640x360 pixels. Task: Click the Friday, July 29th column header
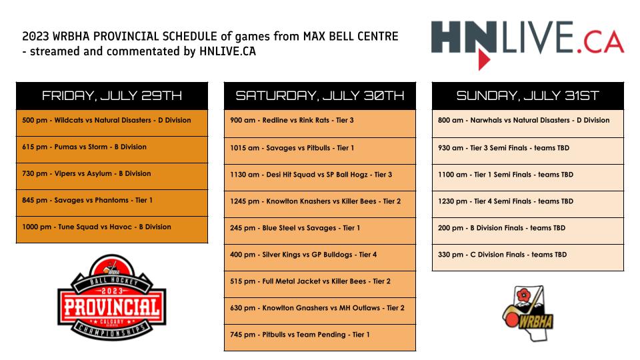[x=112, y=95]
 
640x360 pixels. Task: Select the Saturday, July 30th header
[x=320, y=95]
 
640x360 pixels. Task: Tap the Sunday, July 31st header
[x=528, y=95]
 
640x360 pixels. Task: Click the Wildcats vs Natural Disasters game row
[x=112, y=123]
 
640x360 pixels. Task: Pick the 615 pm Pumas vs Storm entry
[x=112, y=150]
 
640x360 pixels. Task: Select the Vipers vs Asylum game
[x=112, y=176]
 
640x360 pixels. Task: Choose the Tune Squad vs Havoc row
[x=112, y=230]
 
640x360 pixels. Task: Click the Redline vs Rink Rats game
[x=320, y=123]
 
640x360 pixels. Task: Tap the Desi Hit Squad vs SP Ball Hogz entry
[x=320, y=177]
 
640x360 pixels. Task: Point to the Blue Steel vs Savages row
[x=320, y=231]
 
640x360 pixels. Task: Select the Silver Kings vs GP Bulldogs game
[x=320, y=257]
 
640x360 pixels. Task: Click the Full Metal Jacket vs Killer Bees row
[x=320, y=284]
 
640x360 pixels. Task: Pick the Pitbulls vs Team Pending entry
[x=320, y=337]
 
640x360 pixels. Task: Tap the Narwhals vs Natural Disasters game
[x=528, y=123]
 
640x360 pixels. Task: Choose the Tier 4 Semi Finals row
[x=528, y=204]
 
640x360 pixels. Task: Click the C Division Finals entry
[x=528, y=257]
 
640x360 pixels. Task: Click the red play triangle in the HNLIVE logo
[x=484, y=59]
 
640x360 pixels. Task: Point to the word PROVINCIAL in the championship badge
[x=112, y=307]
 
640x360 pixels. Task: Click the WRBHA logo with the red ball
[x=528, y=313]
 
